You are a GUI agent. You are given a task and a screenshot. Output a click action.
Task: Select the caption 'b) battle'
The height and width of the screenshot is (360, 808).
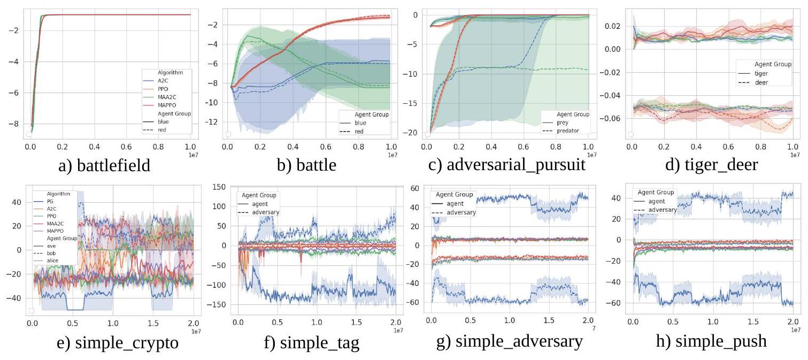point(306,165)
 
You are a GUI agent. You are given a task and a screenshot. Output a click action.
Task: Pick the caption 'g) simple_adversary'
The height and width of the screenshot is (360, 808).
point(510,342)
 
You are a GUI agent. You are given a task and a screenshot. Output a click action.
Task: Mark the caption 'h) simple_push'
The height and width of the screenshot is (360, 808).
point(711,342)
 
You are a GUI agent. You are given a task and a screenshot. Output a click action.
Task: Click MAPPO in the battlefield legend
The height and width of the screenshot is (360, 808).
point(165,104)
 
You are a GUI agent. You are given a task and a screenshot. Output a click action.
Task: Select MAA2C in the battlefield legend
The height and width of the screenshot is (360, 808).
point(165,96)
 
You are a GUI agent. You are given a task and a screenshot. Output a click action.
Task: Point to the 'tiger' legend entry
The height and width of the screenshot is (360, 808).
point(760,73)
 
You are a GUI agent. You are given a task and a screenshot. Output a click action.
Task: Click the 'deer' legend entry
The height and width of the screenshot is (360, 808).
point(760,82)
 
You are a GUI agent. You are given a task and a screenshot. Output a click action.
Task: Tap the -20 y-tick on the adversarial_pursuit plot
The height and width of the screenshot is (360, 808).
point(413,133)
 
